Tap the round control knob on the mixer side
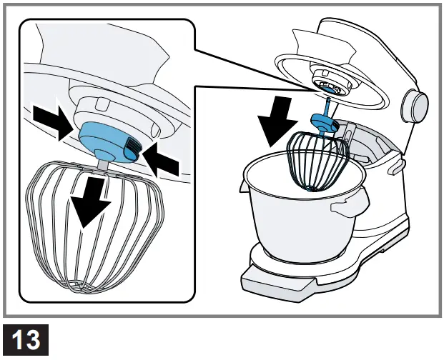tap(415, 105)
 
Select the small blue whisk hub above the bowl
tap(323, 123)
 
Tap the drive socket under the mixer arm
tap(328, 84)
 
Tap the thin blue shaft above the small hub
tap(327, 107)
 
